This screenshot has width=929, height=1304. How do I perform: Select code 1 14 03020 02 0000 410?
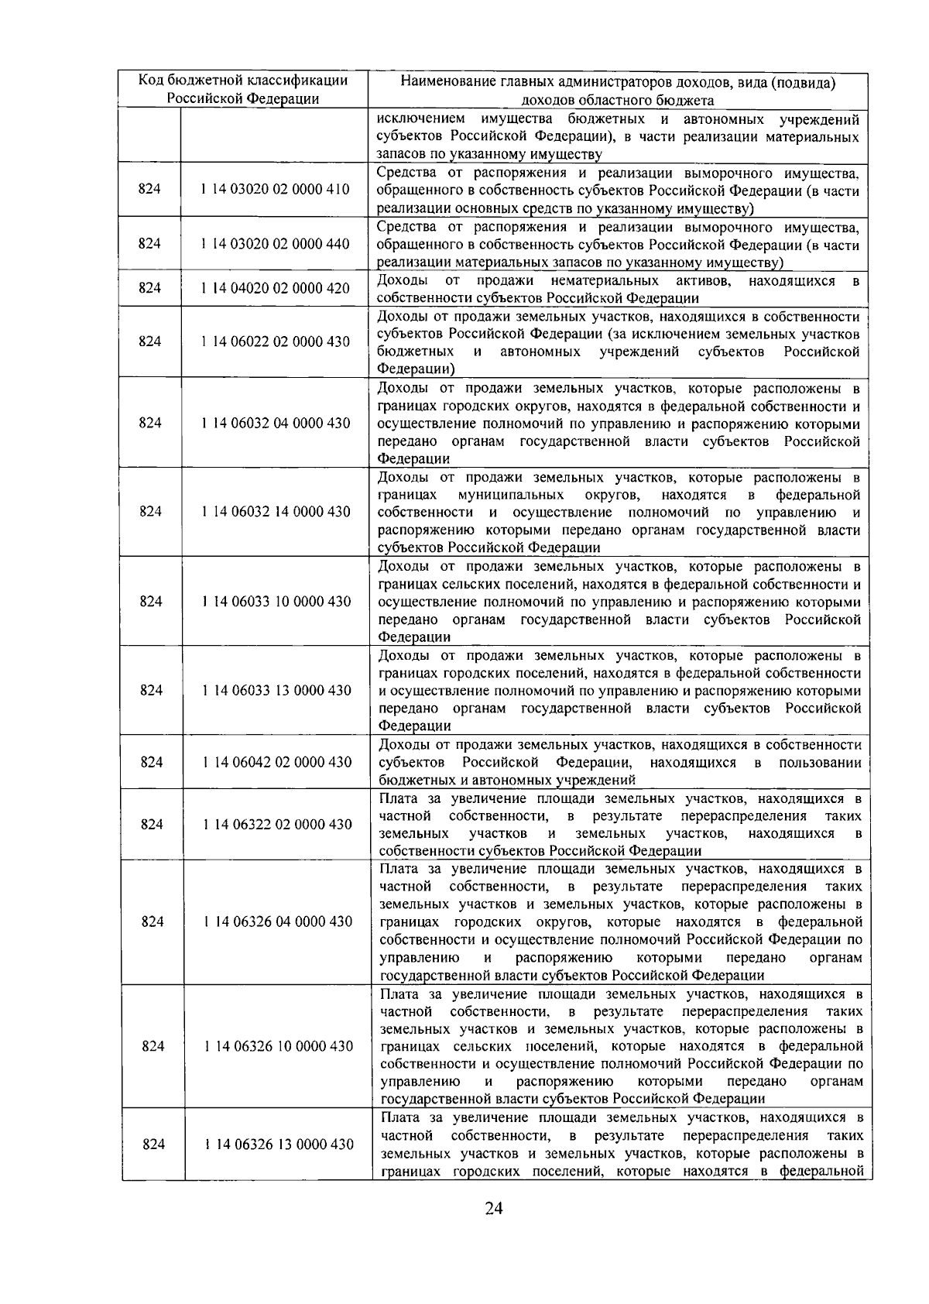(x=274, y=190)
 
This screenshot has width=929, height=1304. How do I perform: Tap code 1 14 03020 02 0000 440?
(x=274, y=244)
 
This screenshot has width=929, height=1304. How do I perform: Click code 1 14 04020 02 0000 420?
(x=274, y=288)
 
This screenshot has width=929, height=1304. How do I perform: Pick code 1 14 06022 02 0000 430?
(x=274, y=341)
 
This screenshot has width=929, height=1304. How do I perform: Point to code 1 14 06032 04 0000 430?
(x=275, y=423)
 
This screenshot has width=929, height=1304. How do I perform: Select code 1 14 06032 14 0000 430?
(x=275, y=511)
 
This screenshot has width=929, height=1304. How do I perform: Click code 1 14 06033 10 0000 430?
(x=276, y=602)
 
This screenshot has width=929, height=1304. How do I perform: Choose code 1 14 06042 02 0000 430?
(x=276, y=762)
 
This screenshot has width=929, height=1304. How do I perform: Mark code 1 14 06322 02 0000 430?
(x=277, y=825)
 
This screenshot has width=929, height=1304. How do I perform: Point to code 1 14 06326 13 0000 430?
(x=279, y=1144)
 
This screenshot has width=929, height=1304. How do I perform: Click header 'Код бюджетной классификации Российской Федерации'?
(x=243, y=89)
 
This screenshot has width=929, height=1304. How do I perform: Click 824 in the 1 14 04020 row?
(x=149, y=288)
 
